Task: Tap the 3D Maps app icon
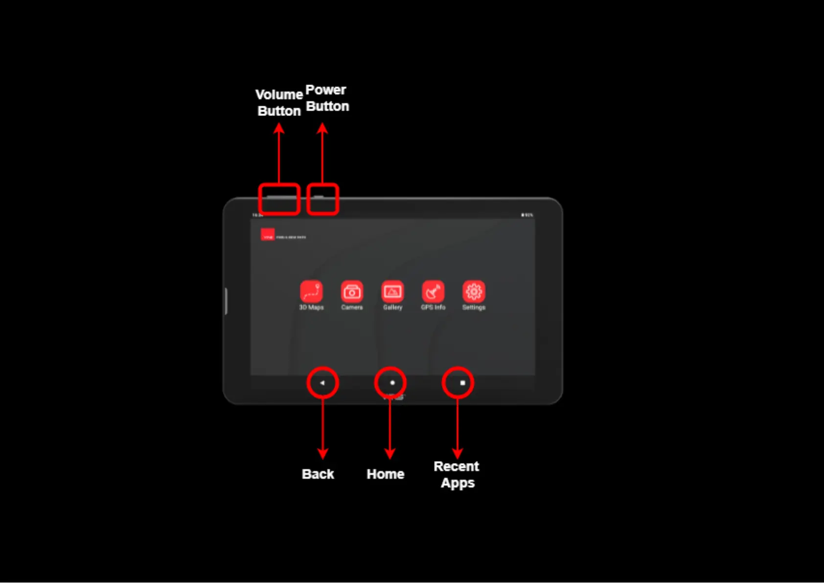point(311,291)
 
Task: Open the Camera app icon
point(352,291)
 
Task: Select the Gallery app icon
point(392,291)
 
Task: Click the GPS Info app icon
point(433,291)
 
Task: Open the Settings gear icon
point(474,291)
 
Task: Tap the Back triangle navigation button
point(322,383)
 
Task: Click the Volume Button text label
point(279,103)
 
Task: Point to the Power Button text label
point(327,98)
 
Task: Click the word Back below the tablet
point(318,474)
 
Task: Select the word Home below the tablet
point(386,474)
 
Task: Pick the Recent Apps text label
point(457,474)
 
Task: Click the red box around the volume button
point(279,199)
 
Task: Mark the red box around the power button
point(322,199)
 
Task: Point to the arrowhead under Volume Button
point(279,128)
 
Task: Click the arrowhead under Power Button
point(322,128)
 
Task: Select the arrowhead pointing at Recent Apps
point(458,453)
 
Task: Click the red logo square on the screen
point(268,235)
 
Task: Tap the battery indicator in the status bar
point(526,215)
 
